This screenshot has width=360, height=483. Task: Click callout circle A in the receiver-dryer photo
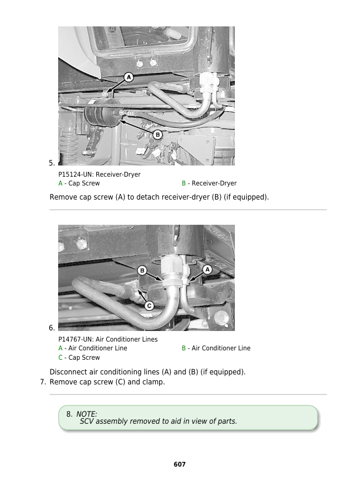pos(128,77)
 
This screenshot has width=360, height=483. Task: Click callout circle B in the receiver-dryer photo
pos(157,134)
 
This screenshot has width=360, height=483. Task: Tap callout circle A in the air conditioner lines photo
pos(207,269)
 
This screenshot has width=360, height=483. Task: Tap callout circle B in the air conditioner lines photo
pos(142,270)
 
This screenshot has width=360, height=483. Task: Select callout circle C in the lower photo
pos(149,306)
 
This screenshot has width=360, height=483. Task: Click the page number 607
pos(180,464)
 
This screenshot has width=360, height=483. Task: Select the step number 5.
pos(52,163)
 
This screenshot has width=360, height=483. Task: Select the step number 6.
pos(52,327)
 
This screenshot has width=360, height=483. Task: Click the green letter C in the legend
pos(60,357)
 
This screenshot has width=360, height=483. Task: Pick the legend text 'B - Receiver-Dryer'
pos(209,183)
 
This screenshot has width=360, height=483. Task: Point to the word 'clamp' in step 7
pos(153,382)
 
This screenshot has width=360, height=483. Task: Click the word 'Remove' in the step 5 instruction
pos(63,197)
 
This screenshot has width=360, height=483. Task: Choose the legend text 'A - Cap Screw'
pos(79,183)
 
